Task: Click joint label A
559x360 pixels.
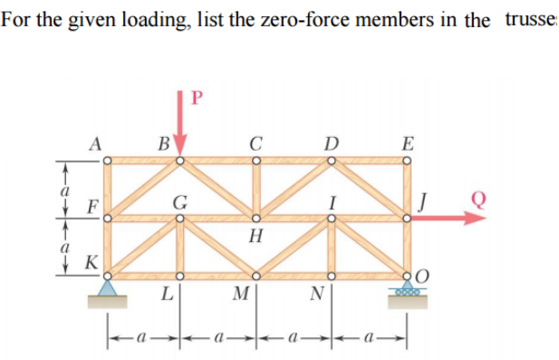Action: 94,142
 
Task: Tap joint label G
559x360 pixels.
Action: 180,201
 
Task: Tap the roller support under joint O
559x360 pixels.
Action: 407,293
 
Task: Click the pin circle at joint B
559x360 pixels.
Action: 180,161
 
